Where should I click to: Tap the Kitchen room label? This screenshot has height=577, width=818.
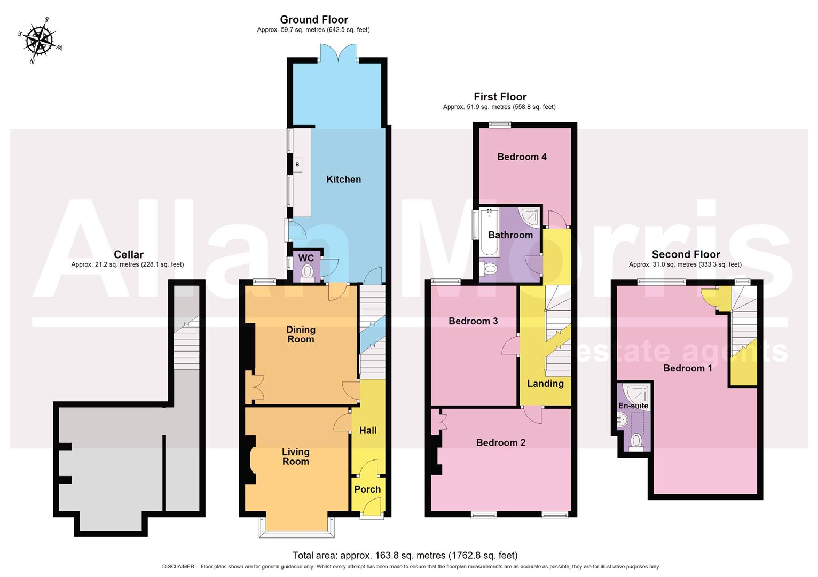pyautogui.click(x=343, y=180)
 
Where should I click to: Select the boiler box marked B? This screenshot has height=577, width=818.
pyautogui.click(x=297, y=165)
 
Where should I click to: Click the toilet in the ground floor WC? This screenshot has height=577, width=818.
pyautogui.click(x=307, y=273)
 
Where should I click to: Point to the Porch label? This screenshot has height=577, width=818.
pyautogui.click(x=367, y=489)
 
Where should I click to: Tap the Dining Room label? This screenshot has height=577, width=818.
pyautogui.click(x=301, y=334)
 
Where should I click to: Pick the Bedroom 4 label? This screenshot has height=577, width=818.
pyautogui.click(x=522, y=157)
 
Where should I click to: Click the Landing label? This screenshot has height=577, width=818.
pyautogui.click(x=545, y=384)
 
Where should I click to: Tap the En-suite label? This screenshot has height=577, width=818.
pyautogui.click(x=633, y=406)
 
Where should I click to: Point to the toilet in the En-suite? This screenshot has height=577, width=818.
pyautogui.click(x=636, y=442)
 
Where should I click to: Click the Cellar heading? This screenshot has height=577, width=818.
pyautogui.click(x=129, y=255)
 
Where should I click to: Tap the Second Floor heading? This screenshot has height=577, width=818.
pyautogui.click(x=686, y=255)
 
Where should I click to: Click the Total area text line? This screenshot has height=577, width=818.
pyautogui.click(x=405, y=556)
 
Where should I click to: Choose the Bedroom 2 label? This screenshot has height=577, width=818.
pyautogui.click(x=500, y=443)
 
